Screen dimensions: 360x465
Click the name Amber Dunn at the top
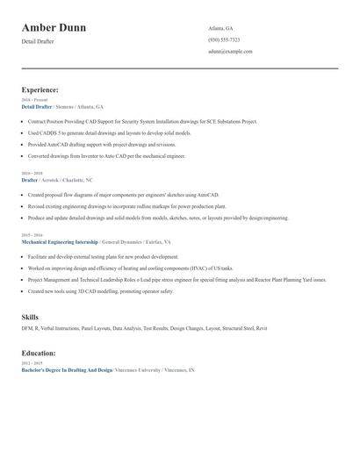[54, 28]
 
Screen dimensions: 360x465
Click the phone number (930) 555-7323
[224, 40]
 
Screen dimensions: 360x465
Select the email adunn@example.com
[230, 52]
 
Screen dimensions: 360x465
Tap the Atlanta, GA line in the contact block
[220, 28]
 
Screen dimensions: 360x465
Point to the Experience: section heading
[40, 89]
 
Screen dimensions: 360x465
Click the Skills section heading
[30, 316]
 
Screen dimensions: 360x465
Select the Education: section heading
[39, 354]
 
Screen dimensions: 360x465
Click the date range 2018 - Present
[35, 100]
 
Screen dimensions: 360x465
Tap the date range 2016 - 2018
[32, 174]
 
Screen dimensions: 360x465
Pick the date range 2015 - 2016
[32, 235]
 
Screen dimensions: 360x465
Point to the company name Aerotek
[54, 180]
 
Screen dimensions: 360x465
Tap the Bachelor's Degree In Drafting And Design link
[67, 370]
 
